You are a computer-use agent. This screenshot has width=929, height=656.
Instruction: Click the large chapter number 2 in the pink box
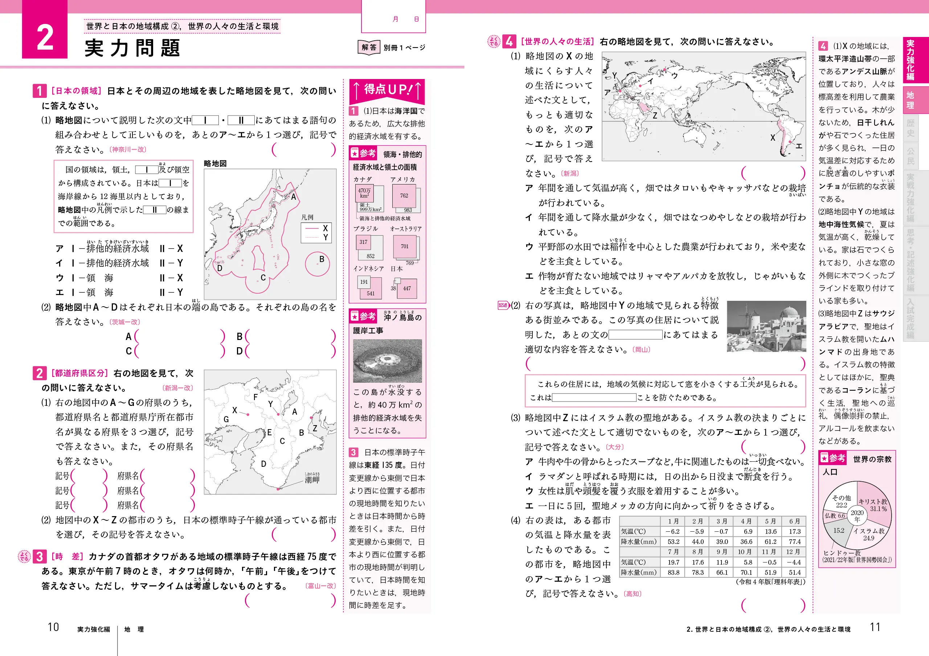[45, 37]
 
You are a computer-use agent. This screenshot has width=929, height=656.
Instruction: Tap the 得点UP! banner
[387, 90]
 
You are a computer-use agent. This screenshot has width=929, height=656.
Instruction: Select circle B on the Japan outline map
[318, 264]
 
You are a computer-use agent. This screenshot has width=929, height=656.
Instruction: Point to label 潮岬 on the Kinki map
[312, 480]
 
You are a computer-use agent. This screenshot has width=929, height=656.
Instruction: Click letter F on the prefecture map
[255, 397]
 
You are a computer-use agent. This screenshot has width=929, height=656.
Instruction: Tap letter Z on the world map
[655, 116]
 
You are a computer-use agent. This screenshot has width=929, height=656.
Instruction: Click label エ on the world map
[799, 146]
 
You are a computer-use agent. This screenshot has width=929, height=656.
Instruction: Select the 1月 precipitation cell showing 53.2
[673, 541]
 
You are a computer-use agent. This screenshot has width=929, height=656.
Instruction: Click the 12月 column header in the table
[794, 552]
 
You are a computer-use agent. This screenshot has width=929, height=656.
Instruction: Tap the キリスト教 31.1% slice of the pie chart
[873, 505]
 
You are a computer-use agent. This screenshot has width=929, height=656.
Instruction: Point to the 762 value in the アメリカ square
[404, 196]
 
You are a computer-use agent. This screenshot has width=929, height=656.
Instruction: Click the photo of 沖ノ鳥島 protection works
[387, 361]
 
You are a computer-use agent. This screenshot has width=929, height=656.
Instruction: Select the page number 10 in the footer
[53, 627]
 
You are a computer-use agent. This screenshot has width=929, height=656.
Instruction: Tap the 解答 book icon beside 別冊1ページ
[369, 47]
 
